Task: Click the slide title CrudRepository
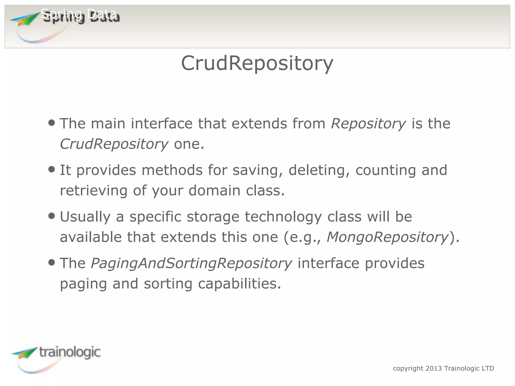257,63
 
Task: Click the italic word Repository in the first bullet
368,124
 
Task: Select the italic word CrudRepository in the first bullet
114,144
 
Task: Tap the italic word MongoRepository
387,237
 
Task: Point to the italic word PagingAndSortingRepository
191,263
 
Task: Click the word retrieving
94,190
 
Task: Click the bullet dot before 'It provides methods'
52,169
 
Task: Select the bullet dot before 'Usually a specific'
52,216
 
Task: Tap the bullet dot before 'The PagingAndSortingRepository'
52,263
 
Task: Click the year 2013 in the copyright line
434,368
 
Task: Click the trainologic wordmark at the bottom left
70,352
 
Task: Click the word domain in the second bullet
214,190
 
